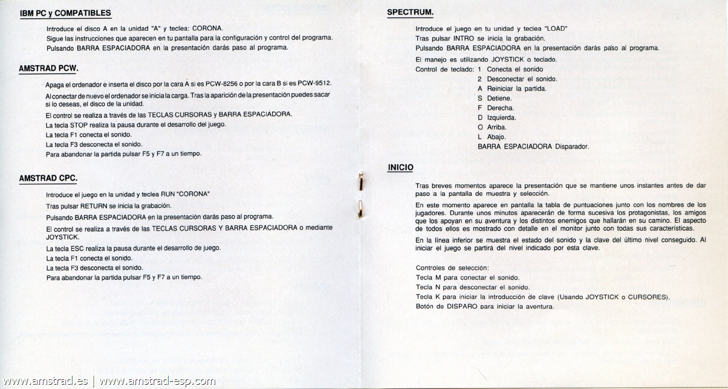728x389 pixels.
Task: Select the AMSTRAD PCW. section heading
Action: pos(49,69)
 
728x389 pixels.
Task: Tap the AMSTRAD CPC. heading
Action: pos(48,179)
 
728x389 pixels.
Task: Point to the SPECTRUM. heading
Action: pos(410,13)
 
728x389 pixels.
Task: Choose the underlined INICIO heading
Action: pos(400,167)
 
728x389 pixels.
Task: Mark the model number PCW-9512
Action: pos(314,84)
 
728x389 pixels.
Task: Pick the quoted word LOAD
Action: pos(556,29)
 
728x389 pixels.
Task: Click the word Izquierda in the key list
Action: pos(501,118)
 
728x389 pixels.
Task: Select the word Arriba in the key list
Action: pos(496,127)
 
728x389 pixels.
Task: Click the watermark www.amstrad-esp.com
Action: pos(158,381)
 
